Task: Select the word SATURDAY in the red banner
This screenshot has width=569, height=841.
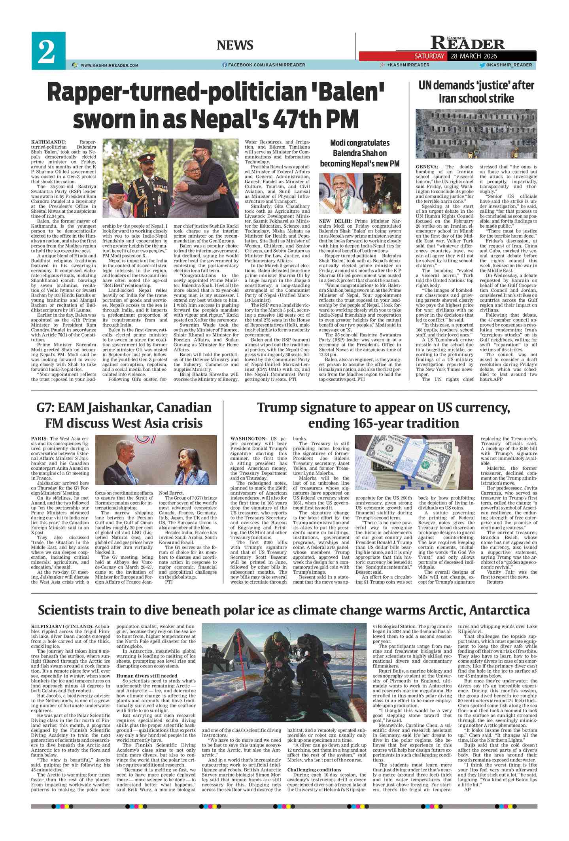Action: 429,56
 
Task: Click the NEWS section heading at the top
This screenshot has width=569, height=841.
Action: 235,45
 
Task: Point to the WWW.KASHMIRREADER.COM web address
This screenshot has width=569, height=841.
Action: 109,65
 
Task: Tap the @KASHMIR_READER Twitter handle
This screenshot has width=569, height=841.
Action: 509,65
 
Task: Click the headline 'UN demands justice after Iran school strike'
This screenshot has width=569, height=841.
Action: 476,91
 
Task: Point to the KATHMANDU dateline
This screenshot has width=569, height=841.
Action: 49,142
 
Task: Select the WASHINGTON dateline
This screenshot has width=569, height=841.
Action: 248,438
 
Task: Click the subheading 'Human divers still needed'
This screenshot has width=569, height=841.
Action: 147,676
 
